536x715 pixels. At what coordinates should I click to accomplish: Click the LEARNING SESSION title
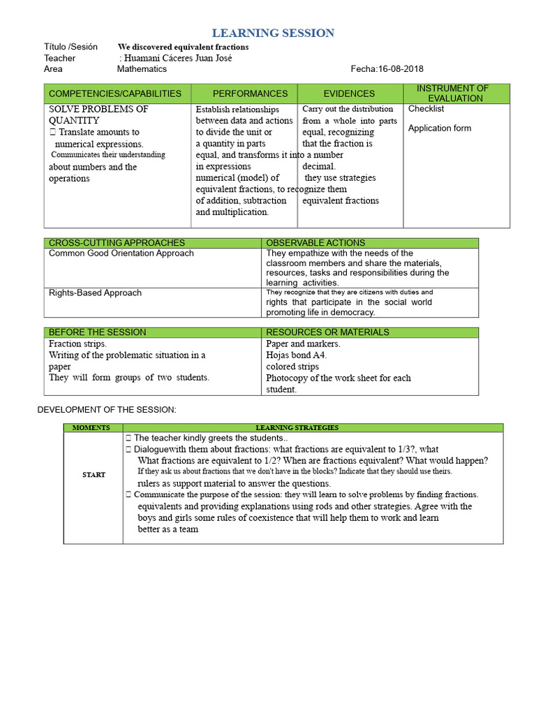(273, 33)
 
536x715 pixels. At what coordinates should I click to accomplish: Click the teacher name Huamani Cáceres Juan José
(178, 58)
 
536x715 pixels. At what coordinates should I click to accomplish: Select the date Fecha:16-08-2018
(387, 69)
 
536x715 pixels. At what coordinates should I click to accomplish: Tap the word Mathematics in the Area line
(142, 69)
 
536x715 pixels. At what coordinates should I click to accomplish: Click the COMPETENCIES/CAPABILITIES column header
(115, 94)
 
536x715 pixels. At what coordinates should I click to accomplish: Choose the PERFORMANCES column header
(250, 94)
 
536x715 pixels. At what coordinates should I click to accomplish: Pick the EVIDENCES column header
(349, 94)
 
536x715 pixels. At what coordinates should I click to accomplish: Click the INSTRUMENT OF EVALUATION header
(456, 94)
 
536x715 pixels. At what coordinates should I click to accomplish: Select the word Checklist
(426, 109)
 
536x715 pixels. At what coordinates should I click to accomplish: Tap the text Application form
(439, 128)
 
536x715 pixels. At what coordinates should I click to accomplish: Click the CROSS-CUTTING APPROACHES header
(117, 243)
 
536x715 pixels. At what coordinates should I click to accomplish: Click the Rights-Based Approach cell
(95, 293)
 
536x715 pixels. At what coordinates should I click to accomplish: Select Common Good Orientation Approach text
(121, 253)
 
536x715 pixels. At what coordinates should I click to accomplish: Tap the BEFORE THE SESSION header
(98, 332)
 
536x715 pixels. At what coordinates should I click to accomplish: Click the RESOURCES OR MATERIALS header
(327, 332)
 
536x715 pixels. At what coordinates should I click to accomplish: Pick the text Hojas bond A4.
(296, 355)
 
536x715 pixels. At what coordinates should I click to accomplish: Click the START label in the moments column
(94, 475)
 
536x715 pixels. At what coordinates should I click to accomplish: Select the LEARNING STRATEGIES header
(297, 427)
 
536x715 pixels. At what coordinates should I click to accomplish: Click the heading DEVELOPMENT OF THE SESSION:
(107, 409)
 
